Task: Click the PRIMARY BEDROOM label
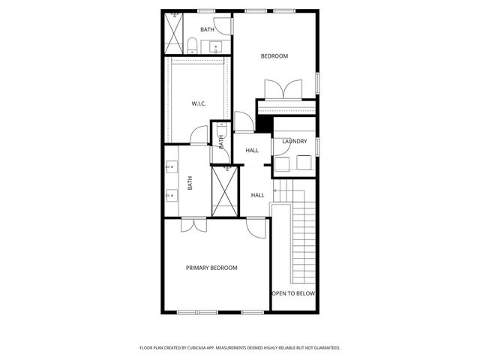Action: click(x=211, y=268)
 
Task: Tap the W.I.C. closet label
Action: click(x=199, y=103)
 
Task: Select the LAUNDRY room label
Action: click(x=295, y=141)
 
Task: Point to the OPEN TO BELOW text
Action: click(x=293, y=294)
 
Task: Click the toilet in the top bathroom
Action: click(x=192, y=44)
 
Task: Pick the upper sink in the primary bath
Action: click(x=171, y=166)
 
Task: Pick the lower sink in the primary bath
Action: click(x=171, y=196)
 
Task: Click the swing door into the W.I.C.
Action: click(x=199, y=135)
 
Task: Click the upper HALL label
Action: click(x=253, y=150)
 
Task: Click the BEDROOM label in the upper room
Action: click(x=274, y=55)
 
